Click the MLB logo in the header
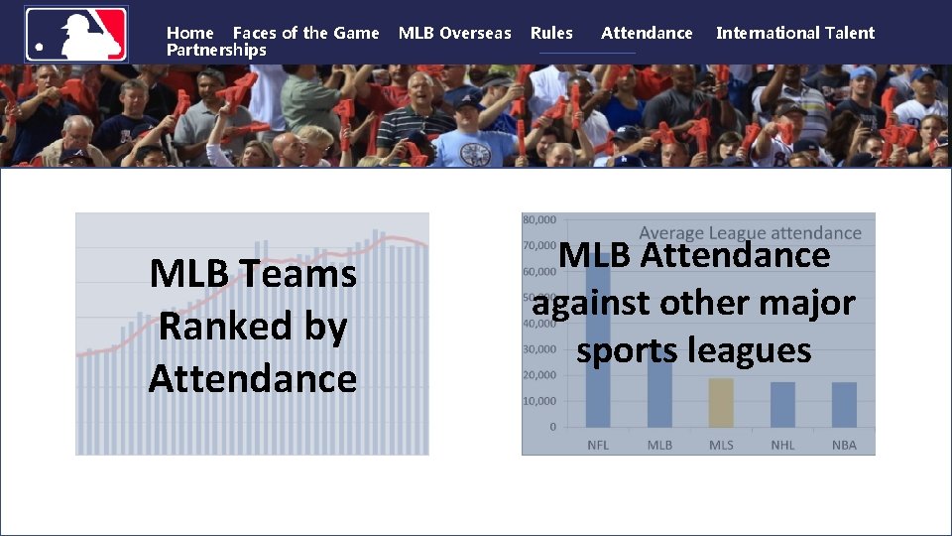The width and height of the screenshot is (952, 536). pos(76,34)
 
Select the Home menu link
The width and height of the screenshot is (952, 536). pos(189,33)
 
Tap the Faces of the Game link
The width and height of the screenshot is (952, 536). pos(305,33)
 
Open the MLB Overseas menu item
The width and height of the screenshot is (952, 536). pos(454,33)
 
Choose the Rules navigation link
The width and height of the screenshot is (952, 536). pos(551,33)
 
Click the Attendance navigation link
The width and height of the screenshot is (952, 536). pos(647,33)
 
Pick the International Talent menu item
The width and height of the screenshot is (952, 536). pos(794,33)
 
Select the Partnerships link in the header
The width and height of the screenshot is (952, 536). pos(216,50)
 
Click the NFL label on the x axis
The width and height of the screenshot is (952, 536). pos(598,445)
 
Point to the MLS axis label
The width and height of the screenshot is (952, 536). pos(721,445)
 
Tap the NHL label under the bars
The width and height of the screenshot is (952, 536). pos(782,445)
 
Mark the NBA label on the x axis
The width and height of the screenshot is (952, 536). pos(844,445)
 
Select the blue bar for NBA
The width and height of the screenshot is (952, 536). pos(844,405)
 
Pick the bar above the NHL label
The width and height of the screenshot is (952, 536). pos(782,405)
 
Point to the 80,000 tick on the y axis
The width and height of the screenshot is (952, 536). pos(539,218)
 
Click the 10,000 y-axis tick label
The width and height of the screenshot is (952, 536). pos(539,401)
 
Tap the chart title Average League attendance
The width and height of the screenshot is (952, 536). pos(750,233)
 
